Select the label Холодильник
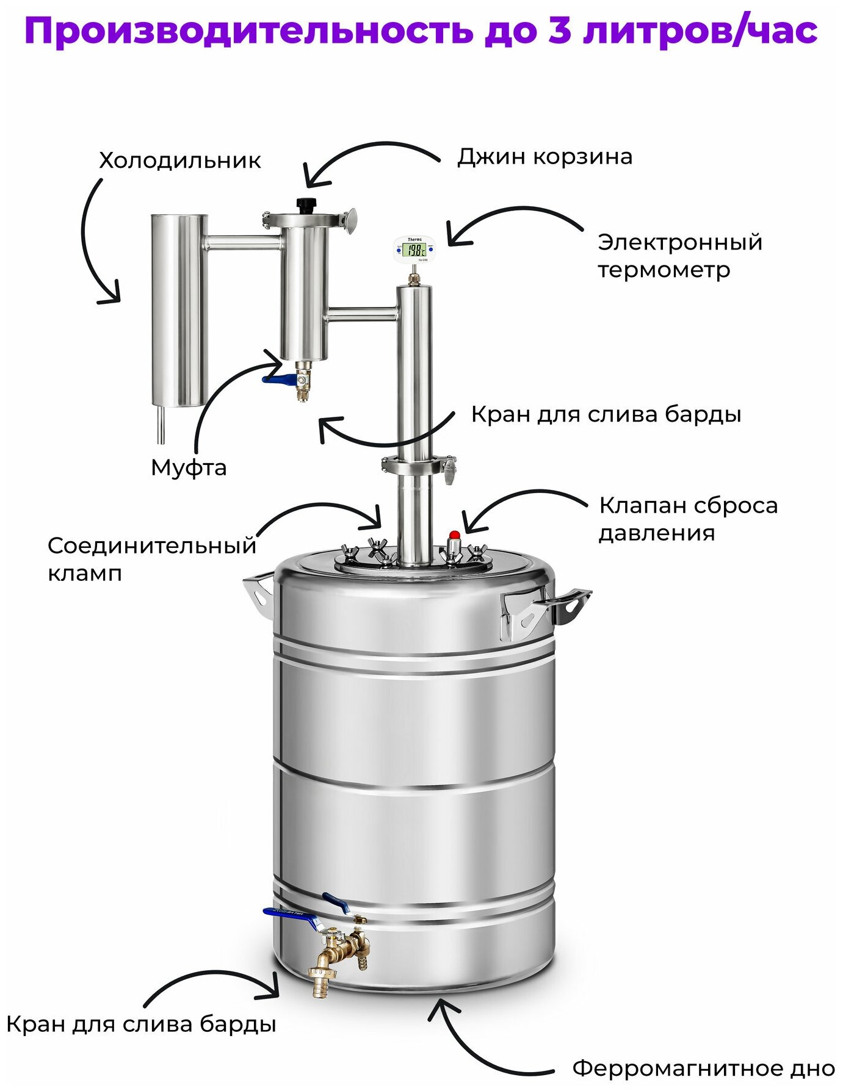tap(179, 160)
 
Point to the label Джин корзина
tap(545, 157)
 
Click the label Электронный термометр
tap(679, 256)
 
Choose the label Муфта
tap(189, 467)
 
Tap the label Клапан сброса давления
tap(688, 519)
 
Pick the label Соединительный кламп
tap(151, 558)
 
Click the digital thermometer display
tap(416, 250)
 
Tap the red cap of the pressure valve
tap(454, 536)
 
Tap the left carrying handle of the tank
tap(259, 591)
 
